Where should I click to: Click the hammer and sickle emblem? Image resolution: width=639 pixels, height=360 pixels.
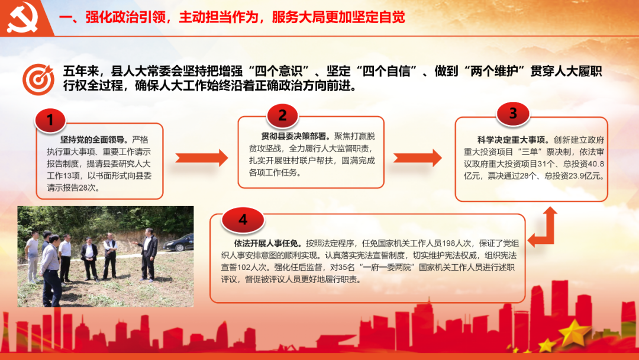click(22, 17)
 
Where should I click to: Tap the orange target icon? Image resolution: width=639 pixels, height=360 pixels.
click(38, 79)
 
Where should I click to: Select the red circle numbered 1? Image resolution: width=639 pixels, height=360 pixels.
click(50, 120)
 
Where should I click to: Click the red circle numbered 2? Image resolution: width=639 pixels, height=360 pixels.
click(282, 115)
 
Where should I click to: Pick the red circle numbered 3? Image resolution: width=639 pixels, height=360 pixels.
click(513, 113)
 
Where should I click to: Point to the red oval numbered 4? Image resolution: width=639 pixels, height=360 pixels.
click(243, 220)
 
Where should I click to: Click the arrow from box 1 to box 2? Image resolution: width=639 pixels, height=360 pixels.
click(202, 157)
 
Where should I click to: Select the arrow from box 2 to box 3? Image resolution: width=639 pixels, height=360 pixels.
click(418, 157)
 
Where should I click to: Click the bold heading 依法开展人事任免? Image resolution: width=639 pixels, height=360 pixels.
click(266, 243)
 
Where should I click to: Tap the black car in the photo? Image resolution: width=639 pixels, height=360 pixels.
click(178, 242)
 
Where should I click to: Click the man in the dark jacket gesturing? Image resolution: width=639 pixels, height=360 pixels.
click(147, 255)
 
